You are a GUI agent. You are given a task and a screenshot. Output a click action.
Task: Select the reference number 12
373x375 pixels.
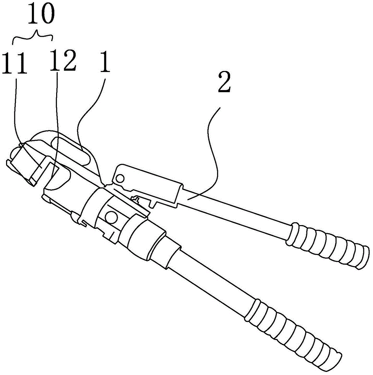point(62,61)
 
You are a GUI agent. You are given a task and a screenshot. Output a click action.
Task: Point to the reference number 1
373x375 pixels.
point(104,63)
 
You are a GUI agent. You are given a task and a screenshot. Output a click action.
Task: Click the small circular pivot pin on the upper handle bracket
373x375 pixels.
point(120,178)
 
